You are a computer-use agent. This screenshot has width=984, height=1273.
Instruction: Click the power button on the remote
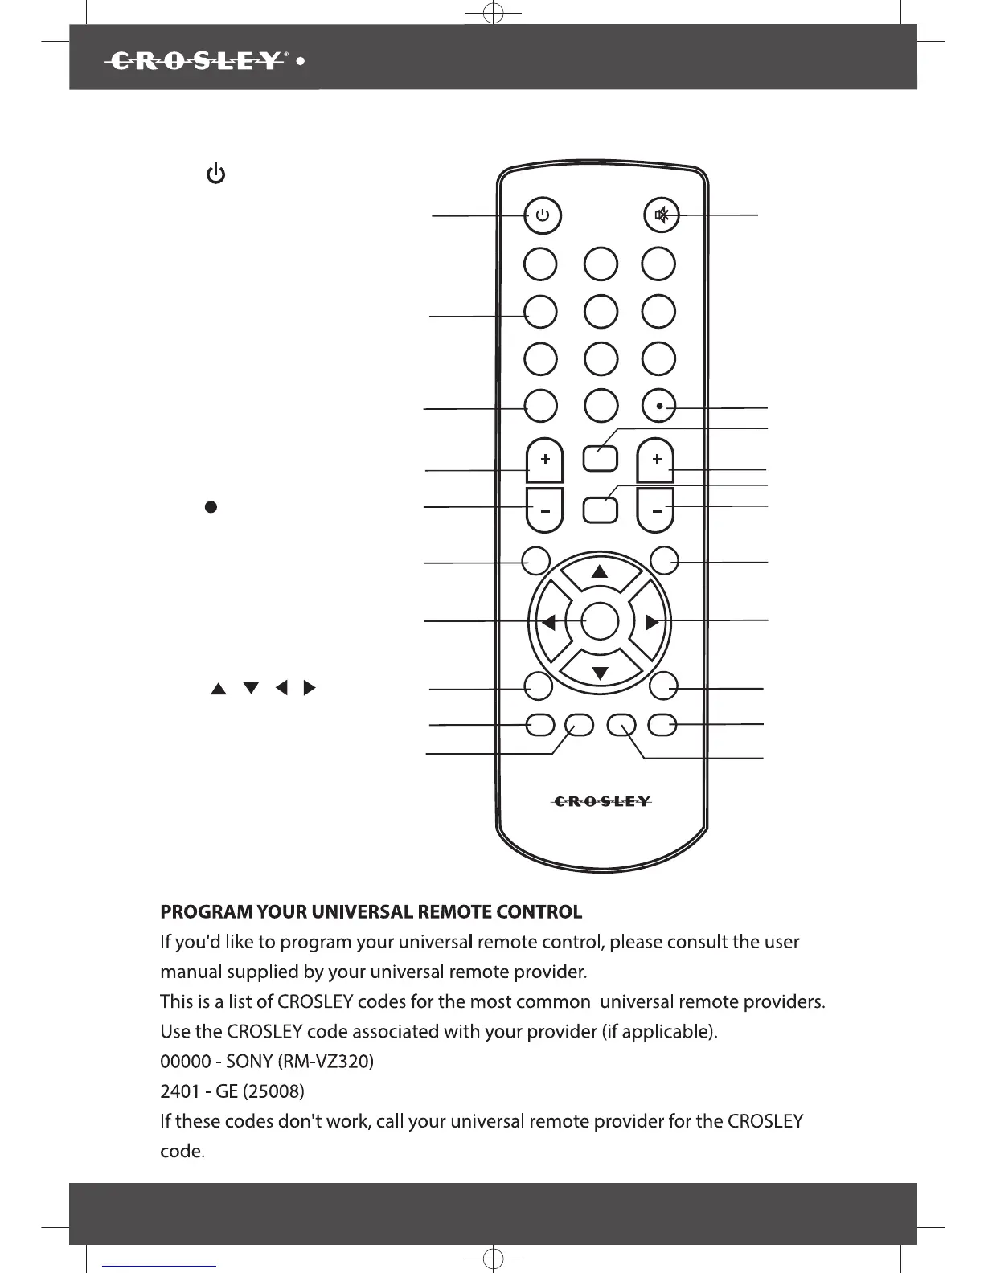[543, 215]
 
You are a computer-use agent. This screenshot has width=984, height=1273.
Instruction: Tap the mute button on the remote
[661, 215]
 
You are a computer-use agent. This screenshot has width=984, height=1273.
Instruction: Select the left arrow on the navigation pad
[548, 622]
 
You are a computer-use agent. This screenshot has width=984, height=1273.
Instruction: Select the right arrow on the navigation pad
[652, 622]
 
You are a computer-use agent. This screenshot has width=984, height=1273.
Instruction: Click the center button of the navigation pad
[600, 622]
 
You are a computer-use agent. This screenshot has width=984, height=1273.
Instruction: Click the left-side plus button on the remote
[545, 460]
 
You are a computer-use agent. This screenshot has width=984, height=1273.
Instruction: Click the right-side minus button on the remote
[656, 512]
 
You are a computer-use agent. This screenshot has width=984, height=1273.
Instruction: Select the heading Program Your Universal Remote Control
[371, 912]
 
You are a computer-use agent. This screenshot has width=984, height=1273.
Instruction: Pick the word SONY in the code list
[249, 1062]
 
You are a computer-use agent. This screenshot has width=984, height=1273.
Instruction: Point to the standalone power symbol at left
[215, 173]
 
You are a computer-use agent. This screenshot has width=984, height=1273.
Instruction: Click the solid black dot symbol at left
[211, 506]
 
